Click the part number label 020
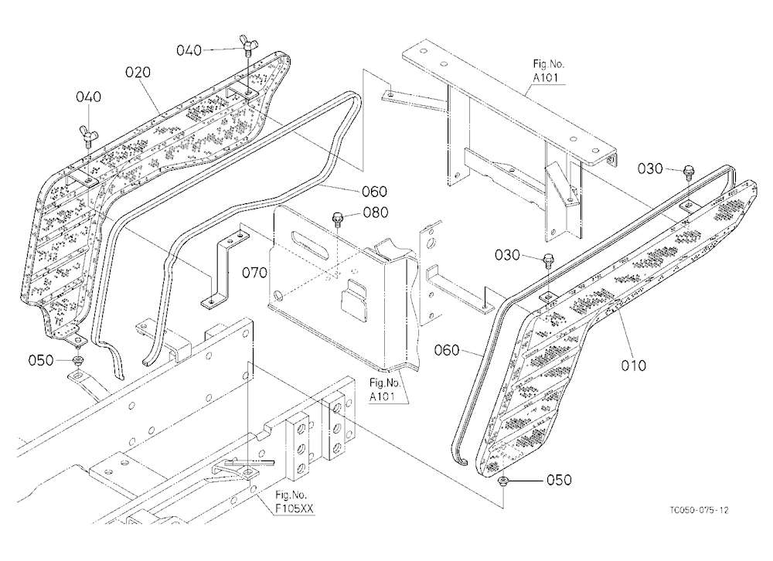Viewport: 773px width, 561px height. point(138,73)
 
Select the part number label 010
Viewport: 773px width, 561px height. point(634,365)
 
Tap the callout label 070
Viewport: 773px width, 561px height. point(255,272)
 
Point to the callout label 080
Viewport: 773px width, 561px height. point(376,212)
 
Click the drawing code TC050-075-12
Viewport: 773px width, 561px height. point(699,510)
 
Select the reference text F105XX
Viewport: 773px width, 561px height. point(295,508)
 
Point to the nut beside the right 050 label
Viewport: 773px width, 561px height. point(503,481)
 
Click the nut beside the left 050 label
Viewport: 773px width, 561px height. point(78,360)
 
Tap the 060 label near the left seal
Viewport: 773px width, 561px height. point(375,192)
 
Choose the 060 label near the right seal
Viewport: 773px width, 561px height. point(447,351)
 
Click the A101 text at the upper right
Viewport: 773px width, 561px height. point(546,77)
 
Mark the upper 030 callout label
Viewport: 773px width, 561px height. point(650,169)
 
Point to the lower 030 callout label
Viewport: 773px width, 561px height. point(507,255)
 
